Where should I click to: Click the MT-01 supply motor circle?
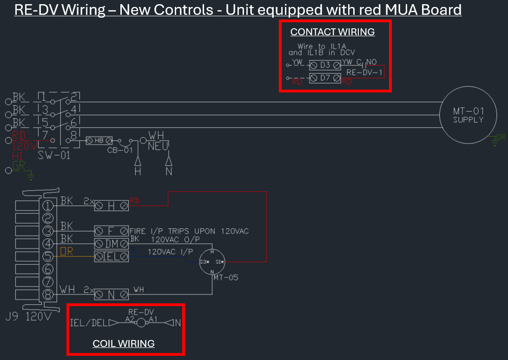pyautogui.click(x=468, y=115)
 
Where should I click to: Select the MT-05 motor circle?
pyautogui.click(x=212, y=262)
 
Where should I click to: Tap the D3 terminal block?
pyautogui.click(x=324, y=65)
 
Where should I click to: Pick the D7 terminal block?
pyautogui.click(x=324, y=78)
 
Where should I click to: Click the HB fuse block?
pyautogui.click(x=99, y=140)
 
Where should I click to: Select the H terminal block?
pyautogui.click(x=112, y=205)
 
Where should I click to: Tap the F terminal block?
pyautogui.click(x=112, y=230)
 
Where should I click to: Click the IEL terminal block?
pyautogui.click(x=112, y=255)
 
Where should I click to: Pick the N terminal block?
pyautogui.click(x=112, y=294)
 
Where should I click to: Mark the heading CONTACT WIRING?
pyautogui.click(x=332, y=32)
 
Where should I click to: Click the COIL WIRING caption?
pyautogui.click(x=124, y=344)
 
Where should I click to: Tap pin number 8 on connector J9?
pyautogui.click(x=48, y=294)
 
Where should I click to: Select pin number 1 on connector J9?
pyautogui.click(x=48, y=205)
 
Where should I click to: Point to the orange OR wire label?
pyautogui.click(x=66, y=251)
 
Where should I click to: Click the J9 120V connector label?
pyautogui.click(x=29, y=317)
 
